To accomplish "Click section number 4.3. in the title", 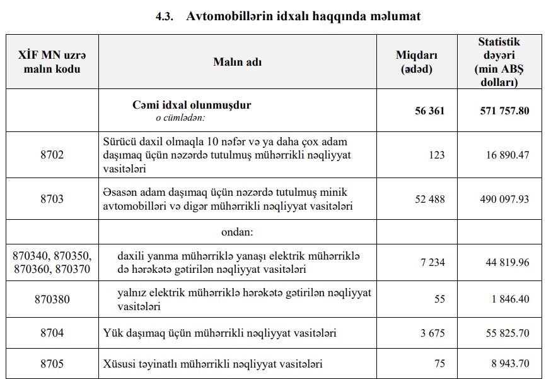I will [166, 16].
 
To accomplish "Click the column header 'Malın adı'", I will [237, 62].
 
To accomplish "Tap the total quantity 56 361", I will [429, 111].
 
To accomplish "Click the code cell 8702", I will [52, 155].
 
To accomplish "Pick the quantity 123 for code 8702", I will [436, 155].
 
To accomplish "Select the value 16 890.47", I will [507, 155].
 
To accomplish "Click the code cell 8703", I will [52, 199].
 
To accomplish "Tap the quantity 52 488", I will [429, 199].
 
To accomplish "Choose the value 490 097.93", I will [504, 199].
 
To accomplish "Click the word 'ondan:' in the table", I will [237, 232].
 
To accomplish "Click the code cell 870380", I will [52, 299].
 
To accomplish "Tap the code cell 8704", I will [52, 332].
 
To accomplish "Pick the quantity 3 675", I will [432, 332].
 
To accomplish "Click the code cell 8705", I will [52, 364].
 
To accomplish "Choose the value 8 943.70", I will [509, 364].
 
